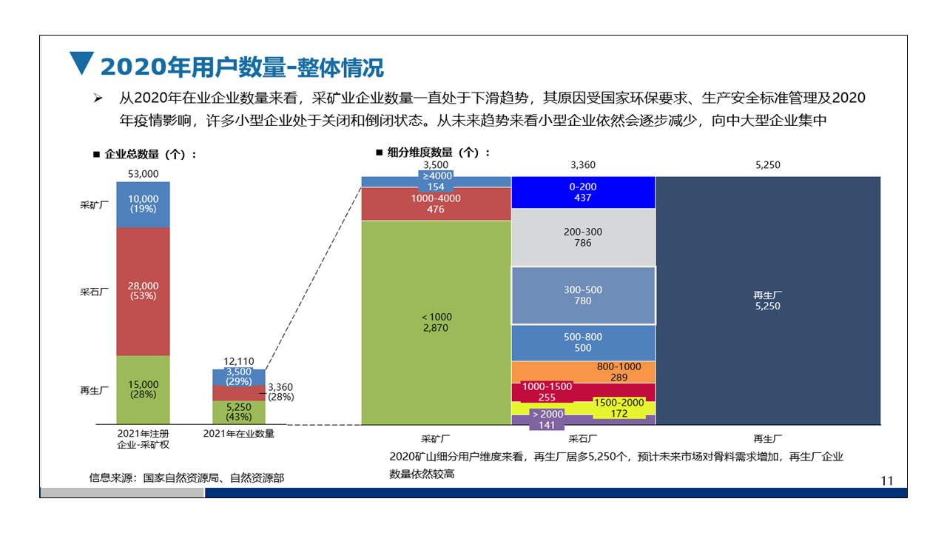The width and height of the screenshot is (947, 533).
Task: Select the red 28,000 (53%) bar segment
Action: tap(143, 291)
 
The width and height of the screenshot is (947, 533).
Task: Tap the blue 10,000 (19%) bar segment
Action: tap(143, 204)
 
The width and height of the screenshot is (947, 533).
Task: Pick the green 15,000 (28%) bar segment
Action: tap(143, 389)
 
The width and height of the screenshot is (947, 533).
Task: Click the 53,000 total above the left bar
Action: tap(143, 173)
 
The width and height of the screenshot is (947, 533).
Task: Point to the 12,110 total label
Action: tap(238, 362)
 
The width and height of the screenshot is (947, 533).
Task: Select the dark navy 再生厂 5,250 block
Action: tap(767, 301)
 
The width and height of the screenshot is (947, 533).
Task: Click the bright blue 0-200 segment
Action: tap(583, 192)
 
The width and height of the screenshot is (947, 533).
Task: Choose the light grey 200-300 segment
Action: tap(583, 237)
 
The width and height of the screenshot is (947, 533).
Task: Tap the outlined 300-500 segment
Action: tap(583, 295)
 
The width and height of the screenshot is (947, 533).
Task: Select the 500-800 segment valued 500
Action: tap(583, 342)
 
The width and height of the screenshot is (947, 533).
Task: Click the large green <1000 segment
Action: tap(436, 322)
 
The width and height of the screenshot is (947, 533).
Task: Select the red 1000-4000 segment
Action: tap(436, 204)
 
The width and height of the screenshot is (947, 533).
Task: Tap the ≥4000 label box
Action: tap(437, 181)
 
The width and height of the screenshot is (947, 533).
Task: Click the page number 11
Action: tap(887, 480)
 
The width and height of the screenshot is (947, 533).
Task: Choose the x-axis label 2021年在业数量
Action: tap(238, 434)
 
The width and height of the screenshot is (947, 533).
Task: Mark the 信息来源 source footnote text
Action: tap(186, 478)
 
